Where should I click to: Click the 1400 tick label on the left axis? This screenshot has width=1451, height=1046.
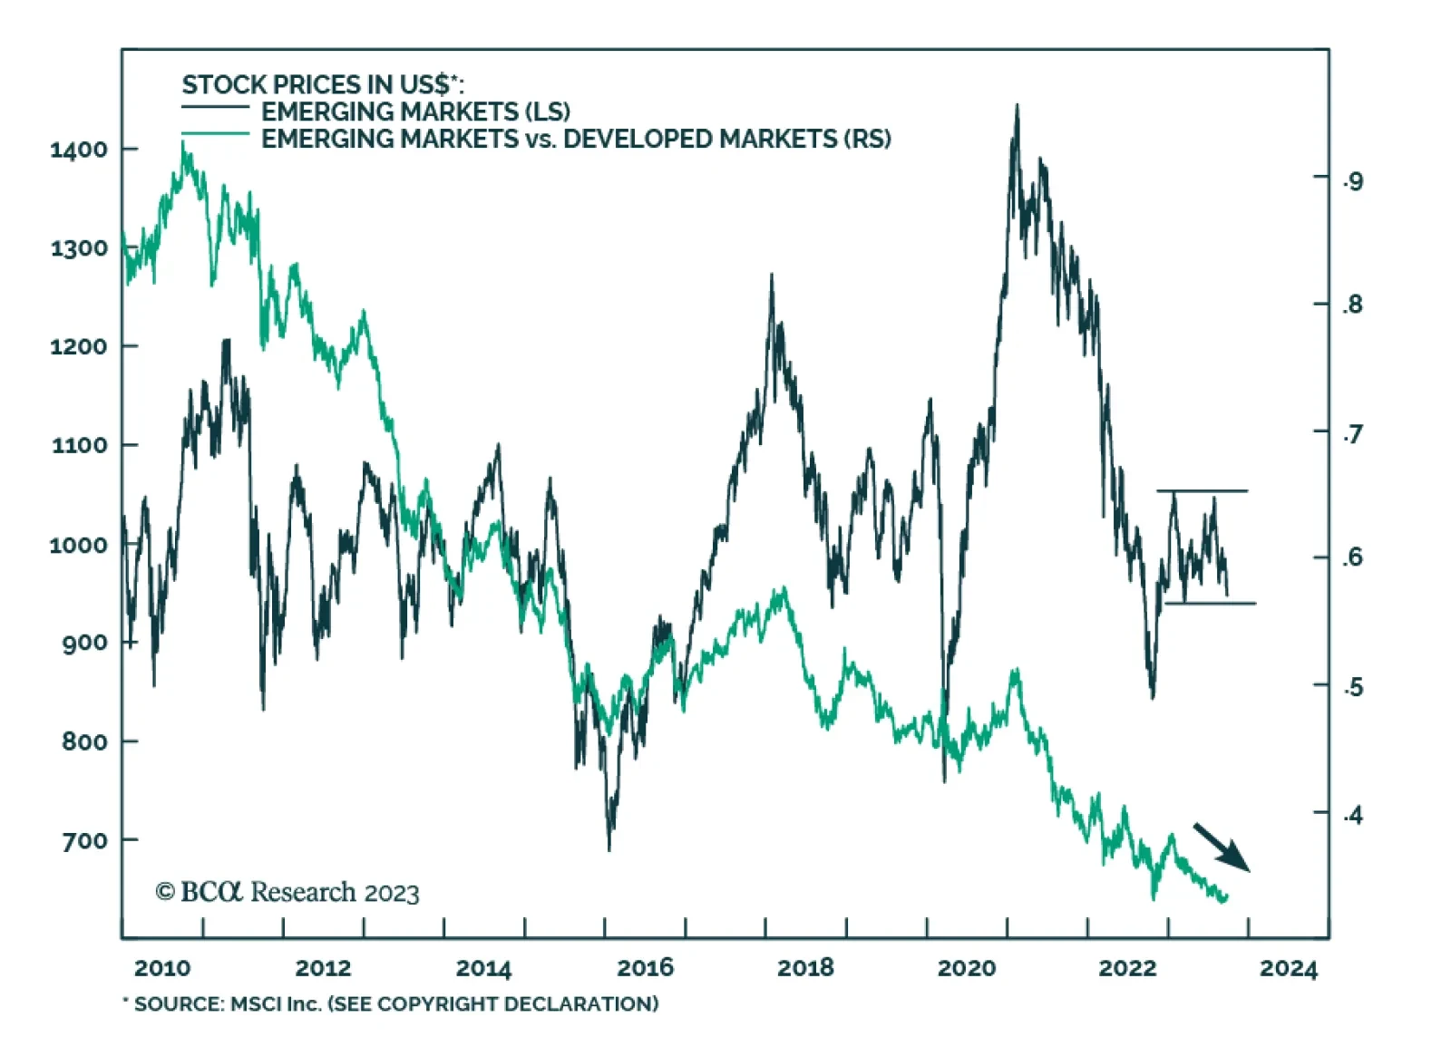point(78,150)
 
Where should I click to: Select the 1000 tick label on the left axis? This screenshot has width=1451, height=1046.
point(78,545)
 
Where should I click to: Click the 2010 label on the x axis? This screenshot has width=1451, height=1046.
point(162,968)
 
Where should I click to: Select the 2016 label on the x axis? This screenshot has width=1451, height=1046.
point(645,968)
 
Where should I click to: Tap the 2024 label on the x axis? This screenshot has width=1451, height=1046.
point(1288,968)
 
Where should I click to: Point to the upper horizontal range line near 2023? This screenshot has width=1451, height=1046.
point(1202,491)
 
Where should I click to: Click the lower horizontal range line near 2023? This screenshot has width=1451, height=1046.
point(1210,604)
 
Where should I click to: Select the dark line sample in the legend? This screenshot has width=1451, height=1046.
point(215,108)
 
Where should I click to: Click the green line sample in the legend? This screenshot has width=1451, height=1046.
point(215,135)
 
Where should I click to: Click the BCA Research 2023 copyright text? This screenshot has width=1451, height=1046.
point(287,892)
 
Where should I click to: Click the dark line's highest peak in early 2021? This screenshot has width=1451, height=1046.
point(1017,106)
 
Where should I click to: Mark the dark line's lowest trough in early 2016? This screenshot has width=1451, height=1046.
point(609,848)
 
